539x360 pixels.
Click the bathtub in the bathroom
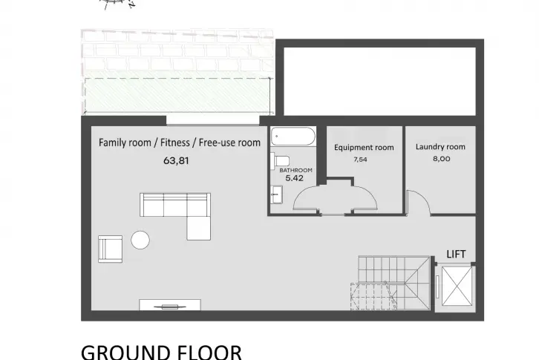click(x=293, y=137)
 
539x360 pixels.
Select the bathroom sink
click(x=276, y=195)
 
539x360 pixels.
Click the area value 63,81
click(x=176, y=160)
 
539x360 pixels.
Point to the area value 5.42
click(x=295, y=178)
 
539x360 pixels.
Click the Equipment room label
click(x=364, y=148)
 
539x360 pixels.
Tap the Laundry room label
click(x=440, y=147)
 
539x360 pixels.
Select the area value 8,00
click(x=442, y=159)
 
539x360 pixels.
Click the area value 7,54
click(x=360, y=160)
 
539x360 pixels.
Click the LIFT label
click(x=456, y=255)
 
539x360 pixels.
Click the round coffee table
click(x=140, y=240)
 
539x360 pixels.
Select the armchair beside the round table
click(x=110, y=249)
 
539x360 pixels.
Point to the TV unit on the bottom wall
click(x=170, y=305)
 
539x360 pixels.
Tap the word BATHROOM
click(x=295, y=170)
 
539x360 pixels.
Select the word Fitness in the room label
click(x=175, y=143)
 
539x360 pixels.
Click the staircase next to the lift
click(x=391, y=283)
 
